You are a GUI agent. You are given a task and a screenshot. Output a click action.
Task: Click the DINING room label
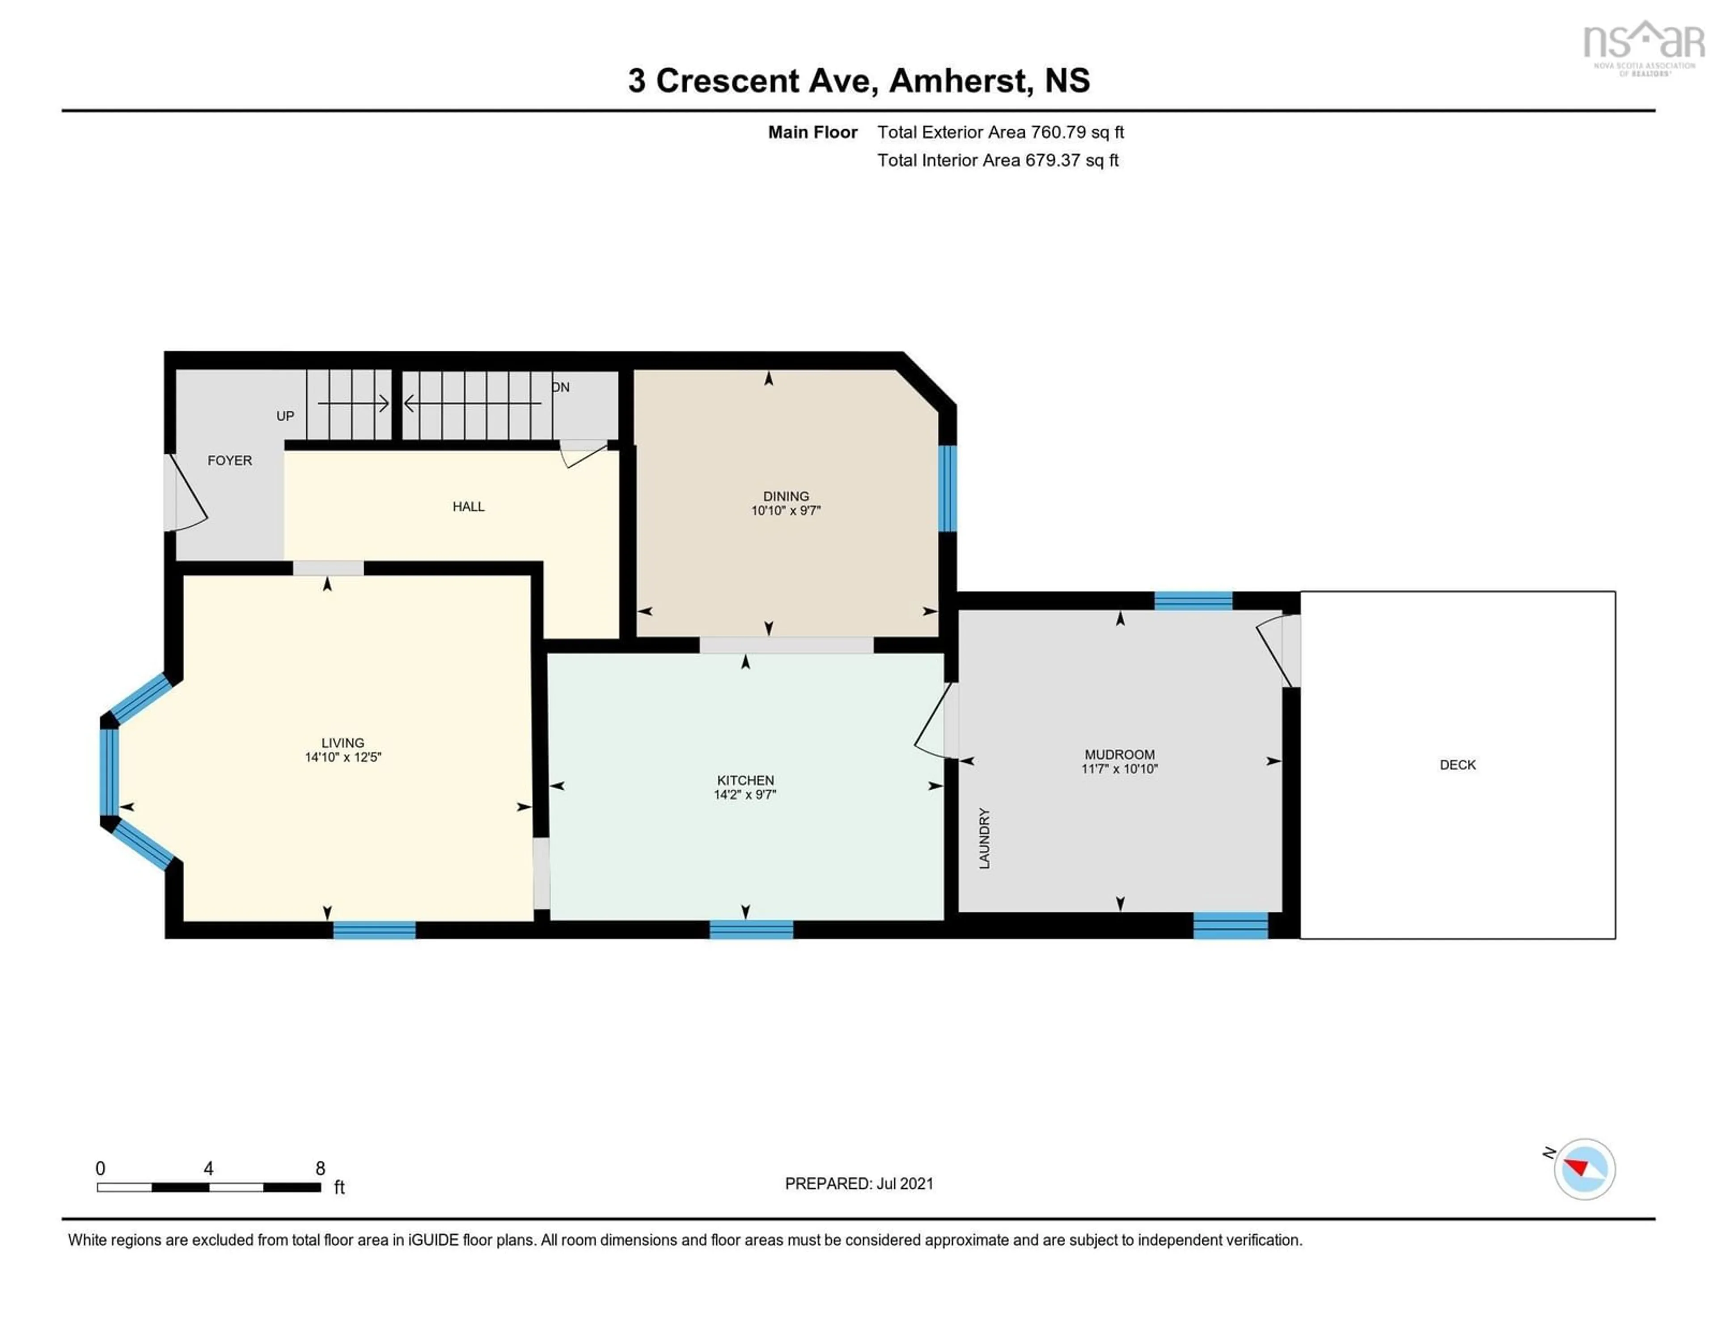point(785,496)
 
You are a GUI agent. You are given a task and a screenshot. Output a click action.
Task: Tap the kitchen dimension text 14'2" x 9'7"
point(744,794)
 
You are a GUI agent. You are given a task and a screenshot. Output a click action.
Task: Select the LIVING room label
point(343,743)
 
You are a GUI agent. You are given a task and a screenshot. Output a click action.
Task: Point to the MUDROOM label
point(1120,755)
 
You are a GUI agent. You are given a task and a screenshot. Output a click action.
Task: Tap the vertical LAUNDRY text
point(984,838)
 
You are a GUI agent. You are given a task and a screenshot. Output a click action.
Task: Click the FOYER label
point(229,460)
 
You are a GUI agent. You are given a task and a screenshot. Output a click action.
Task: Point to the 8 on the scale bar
point(320,1169)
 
